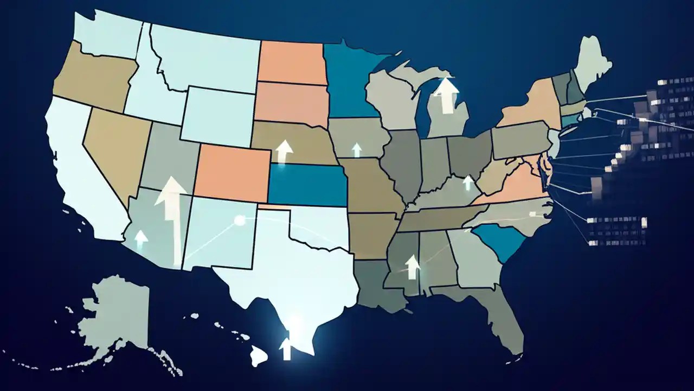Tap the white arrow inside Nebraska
point(283,152)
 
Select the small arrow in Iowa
point(356,150)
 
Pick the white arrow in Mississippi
point(413,267)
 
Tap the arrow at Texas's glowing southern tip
point(286,348)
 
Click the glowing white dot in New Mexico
point(238,220)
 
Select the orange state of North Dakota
point(291,63)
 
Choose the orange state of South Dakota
point(291,102)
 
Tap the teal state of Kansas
point(307,185)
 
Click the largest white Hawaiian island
point(259,356)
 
